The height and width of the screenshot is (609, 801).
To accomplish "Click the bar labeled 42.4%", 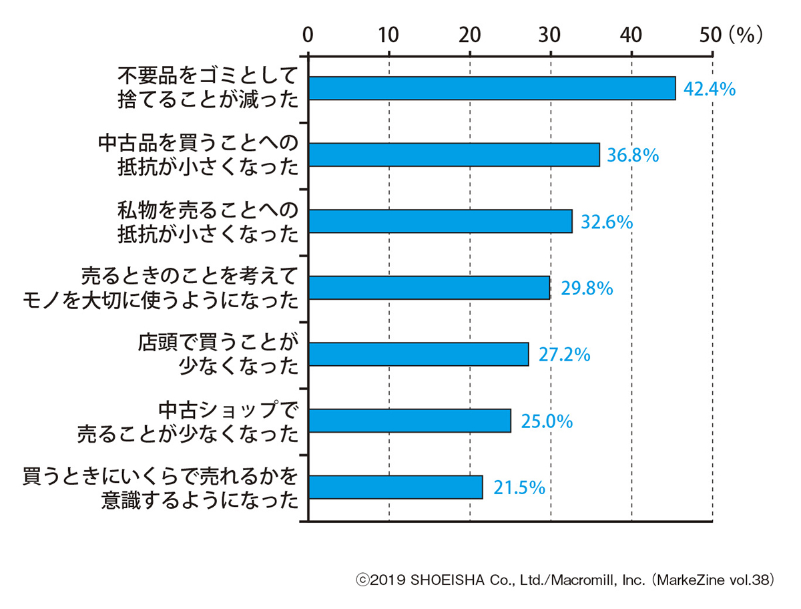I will coord(492,89).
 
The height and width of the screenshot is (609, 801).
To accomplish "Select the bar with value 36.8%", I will coord(454,155).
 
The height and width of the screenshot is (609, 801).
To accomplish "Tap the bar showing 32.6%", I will coord(441,221).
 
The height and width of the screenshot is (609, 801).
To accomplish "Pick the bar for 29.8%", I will coord(429,288).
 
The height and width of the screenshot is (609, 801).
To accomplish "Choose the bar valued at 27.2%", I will coord(419,354).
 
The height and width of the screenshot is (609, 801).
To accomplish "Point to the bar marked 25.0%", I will coord(410,421).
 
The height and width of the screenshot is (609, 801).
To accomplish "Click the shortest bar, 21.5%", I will coord(396,487).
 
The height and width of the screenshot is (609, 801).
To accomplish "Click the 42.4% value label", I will coord(710,89).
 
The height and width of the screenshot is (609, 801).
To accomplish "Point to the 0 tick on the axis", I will coord(308,34).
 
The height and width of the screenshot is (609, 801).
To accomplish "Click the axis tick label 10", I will coord(388,34).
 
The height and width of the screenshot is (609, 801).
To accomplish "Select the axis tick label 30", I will coord(551,34).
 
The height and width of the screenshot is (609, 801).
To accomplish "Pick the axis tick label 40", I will coord(631,34).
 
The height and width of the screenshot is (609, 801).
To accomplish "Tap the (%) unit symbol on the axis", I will coord(745,34).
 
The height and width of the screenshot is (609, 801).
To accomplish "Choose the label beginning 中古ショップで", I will coord(188,421).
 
